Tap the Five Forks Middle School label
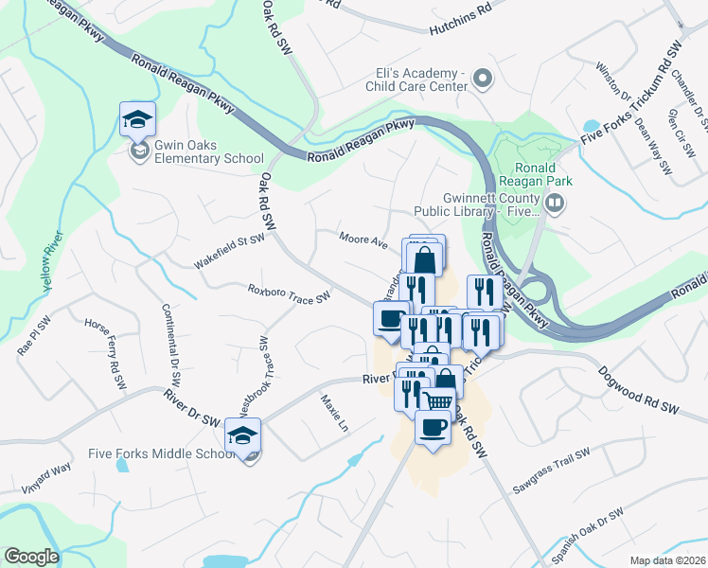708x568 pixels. (161, 453)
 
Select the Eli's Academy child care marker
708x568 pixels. (483, 80)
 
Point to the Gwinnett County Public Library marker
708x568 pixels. (556, 201)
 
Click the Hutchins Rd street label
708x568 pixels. (461, 8)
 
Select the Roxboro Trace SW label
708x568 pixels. (288, 293)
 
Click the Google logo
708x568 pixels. (31, 557)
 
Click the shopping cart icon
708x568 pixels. (436, 401)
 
